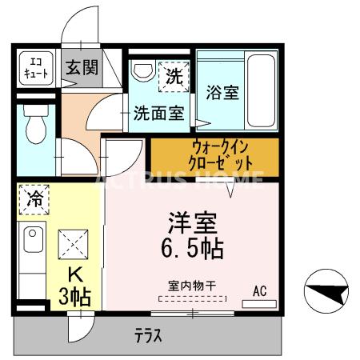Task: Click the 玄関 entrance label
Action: tap(79, 68)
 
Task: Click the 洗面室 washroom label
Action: tap(159, 113)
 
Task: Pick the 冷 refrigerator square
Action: tap(34, 198)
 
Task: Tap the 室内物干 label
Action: tap(193, 285)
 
